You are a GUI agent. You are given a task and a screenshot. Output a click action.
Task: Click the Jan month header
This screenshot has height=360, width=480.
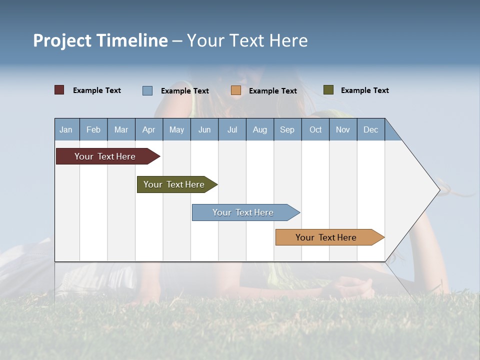(x=66, y=129)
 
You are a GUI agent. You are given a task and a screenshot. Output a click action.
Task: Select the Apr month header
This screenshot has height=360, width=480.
(x=148, y=129)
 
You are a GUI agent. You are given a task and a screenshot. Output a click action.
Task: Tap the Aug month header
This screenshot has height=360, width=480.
(x=259, y=129)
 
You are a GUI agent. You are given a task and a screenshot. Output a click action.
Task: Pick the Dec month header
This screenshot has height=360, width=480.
(x=370, y=129)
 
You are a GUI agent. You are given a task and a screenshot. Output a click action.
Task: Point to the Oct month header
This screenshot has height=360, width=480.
(x=315, y=129)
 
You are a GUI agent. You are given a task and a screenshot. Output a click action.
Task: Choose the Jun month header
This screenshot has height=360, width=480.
(x=204, y=129)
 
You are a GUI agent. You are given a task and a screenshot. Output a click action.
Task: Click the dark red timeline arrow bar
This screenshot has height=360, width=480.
(x=105, y=156)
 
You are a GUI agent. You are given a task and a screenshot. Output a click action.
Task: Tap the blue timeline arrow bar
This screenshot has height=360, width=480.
(x=243, y=212)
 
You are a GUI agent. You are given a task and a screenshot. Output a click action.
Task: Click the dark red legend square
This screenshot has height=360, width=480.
(x=59, y=90)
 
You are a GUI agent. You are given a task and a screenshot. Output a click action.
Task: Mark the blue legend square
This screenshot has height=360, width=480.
(x=147, y=90)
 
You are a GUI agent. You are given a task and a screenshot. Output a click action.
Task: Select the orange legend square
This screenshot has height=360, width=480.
(x=235, y=90)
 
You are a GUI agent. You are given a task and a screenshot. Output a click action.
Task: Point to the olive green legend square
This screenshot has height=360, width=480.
(x=328, y=90)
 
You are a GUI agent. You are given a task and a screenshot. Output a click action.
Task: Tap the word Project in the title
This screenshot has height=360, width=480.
(x=62, y=40)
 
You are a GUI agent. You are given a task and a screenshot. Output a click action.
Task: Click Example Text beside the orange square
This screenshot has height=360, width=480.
(x=272, y=91)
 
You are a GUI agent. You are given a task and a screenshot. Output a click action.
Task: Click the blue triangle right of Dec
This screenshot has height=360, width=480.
(x=390, y=133)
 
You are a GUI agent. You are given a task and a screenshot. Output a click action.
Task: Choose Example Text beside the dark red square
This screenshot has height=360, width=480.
(x=96, y=90)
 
